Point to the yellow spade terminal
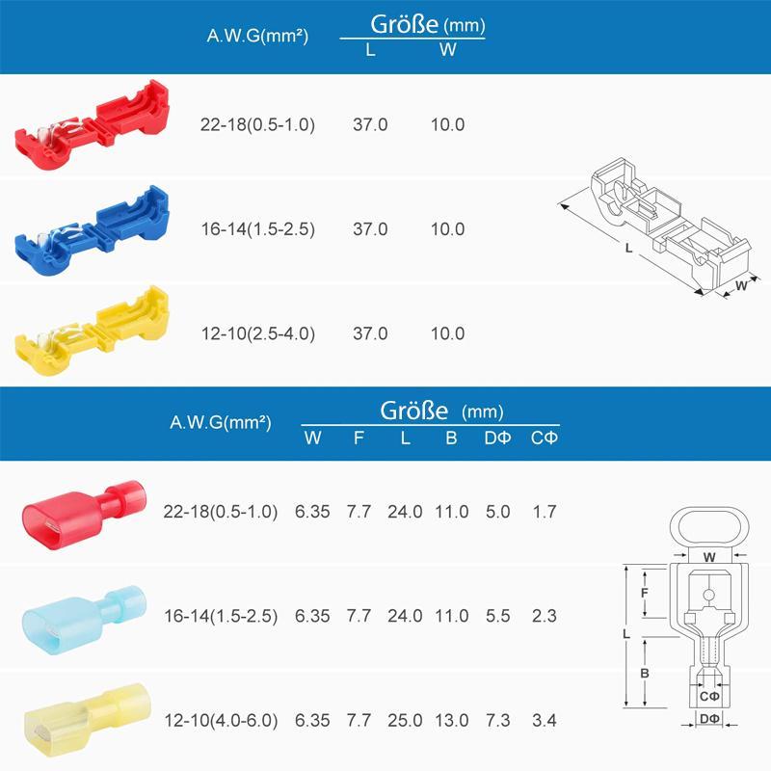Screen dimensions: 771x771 [82, 718]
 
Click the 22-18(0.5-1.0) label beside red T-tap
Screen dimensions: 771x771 [257, 125]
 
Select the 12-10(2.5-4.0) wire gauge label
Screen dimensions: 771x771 [257, 333]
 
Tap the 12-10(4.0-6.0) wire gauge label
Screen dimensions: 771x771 [221, 720]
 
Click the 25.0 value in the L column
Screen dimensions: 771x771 [406, 720]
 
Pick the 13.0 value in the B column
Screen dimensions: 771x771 [451, 720]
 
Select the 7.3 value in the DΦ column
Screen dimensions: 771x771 [498, 720]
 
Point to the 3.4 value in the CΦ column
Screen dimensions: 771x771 [545, 720]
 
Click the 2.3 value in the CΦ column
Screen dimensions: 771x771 [545, 616]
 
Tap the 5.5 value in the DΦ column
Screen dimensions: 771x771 [498, 616]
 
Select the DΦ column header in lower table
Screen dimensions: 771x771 [498, 438]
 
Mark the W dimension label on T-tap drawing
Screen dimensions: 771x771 [741, 285]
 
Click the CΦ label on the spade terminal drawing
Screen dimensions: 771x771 [709, 697]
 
